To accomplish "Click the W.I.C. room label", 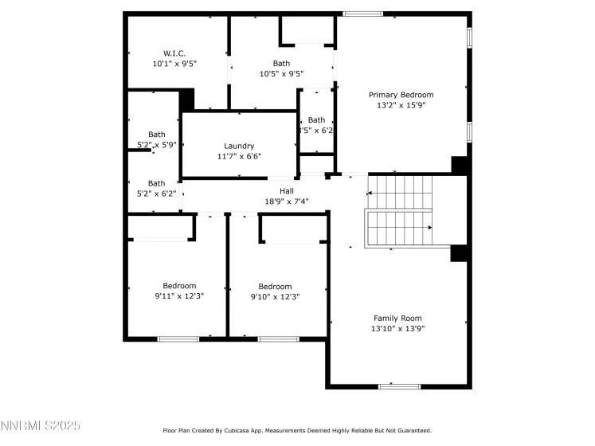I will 174,53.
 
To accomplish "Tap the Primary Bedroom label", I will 401,95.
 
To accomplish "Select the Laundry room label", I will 239,146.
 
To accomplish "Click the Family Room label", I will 397,318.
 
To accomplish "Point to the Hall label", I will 287,191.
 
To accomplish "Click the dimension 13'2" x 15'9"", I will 401,105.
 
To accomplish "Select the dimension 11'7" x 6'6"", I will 239,156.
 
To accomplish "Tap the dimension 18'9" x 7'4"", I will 287,201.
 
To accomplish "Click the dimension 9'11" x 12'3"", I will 179,296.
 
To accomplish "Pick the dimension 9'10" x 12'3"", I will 275,296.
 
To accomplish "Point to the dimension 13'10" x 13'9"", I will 397,328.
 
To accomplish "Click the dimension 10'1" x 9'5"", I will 174,63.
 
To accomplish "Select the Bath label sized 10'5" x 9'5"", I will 281,64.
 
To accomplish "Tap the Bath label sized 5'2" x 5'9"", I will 156,135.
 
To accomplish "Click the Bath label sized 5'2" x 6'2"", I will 156,183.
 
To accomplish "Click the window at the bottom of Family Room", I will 399,386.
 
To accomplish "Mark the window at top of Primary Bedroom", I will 362,14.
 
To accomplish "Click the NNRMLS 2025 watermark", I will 41,428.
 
